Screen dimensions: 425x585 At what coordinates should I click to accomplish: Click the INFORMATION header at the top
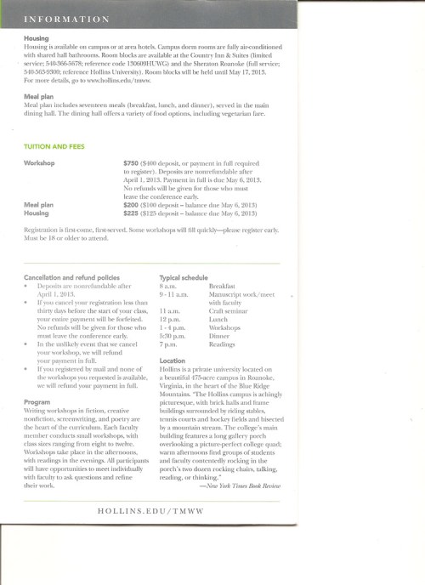point(66,18)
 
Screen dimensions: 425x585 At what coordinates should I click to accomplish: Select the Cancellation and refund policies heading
point(71,277)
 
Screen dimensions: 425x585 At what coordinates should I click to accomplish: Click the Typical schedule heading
point(183,277)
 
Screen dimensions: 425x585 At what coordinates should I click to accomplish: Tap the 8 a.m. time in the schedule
point(167,287)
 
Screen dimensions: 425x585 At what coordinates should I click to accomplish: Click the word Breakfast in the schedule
point(223,287)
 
